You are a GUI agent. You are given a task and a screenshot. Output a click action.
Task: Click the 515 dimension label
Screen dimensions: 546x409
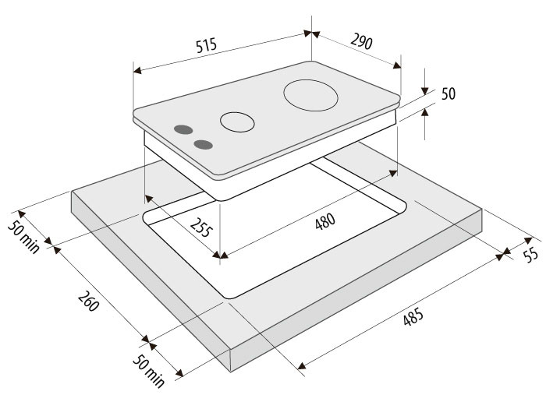(206, 45)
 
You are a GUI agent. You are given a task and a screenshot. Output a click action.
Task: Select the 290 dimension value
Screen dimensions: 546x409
(361, 41)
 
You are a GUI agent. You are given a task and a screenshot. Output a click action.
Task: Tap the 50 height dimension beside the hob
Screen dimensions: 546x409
(448, 93)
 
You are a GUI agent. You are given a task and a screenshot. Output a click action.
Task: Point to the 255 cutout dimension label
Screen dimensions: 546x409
(201, 227)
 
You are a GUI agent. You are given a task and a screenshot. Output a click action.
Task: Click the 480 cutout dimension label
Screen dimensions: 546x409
(325, 221)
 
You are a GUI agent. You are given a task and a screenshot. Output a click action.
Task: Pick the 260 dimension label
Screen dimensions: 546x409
(89, 301)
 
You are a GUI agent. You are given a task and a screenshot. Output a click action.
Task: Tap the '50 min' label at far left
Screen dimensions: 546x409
(23, 237)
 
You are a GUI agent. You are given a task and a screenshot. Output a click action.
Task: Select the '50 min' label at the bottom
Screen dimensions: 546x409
(149, 371)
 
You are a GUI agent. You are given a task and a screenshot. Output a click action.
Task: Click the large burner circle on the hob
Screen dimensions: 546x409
(311, 95)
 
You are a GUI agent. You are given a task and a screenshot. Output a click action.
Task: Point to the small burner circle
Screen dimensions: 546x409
(237, 122)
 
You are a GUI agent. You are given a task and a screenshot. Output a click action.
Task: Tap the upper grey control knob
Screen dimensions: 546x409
(183, 130)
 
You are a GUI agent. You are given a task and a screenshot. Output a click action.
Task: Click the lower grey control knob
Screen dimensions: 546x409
(204, 145)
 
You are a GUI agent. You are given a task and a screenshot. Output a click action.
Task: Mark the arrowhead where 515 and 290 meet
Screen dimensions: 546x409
(312, 33)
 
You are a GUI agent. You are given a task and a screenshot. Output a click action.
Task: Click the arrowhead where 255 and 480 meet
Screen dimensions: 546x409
(220, 256)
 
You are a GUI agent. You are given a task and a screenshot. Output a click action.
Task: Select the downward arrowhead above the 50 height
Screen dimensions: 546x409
(424, 91)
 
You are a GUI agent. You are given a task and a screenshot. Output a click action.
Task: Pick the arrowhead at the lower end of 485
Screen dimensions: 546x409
(302, 365)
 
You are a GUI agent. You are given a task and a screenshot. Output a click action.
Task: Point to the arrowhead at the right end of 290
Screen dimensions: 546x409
(397, 65)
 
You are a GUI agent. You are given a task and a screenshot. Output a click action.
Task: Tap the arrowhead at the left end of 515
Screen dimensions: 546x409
(137, 71)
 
